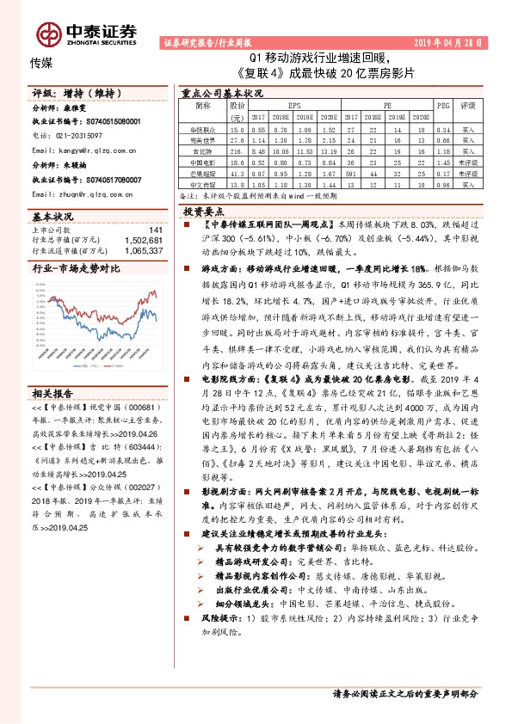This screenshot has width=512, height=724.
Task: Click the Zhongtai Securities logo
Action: [x=86, y=33]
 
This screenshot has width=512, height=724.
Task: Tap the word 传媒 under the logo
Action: [x=40, y=62]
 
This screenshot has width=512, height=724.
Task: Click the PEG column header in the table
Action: [x=443, y=106]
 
